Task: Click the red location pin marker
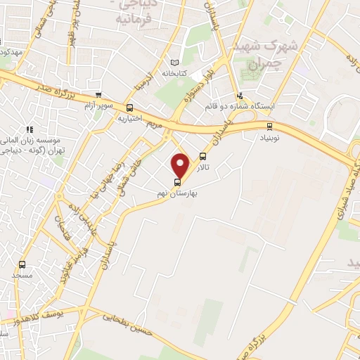coord(181,166)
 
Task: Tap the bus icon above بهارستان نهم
coord(176,182)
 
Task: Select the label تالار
coord(203,169)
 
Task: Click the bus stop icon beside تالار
coord(203,157)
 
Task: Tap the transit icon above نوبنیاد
coord(270,127)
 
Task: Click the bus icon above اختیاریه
coord(129,108)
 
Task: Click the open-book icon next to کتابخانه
coord(174,62)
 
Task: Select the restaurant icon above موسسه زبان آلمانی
coord(30,129)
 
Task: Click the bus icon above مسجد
coord(22,265)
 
